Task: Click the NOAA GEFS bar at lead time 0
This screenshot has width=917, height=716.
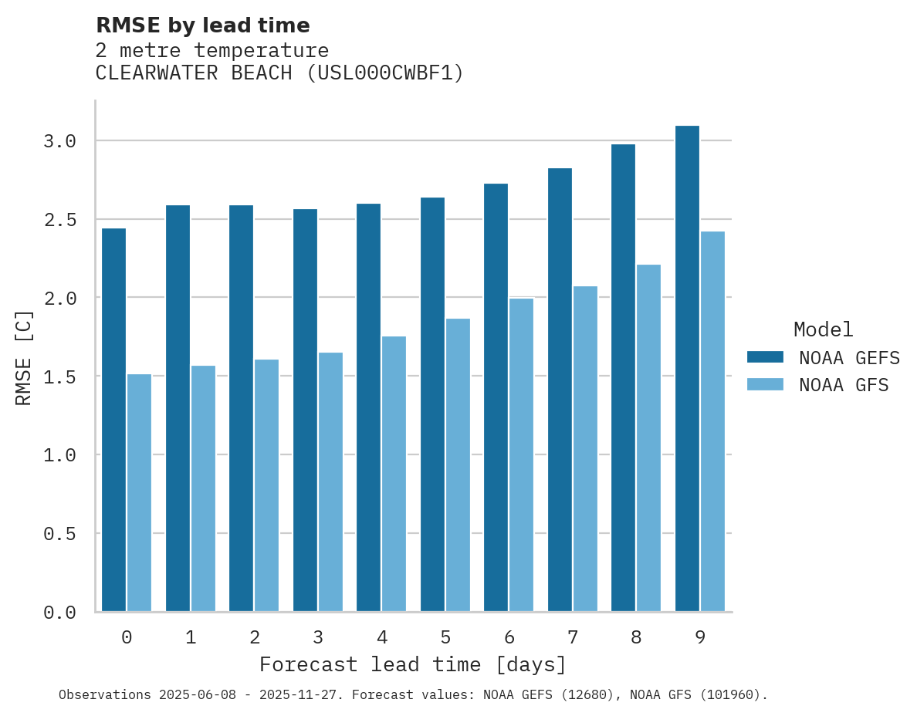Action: [113, 420]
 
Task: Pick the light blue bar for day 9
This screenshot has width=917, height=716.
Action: [712, 420]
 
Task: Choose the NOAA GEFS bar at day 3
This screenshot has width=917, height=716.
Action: [305, 410]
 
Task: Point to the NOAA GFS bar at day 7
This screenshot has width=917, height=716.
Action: [585, 448]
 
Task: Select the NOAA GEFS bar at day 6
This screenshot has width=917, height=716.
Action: [496, 397]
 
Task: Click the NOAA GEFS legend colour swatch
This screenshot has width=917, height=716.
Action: [765, 357]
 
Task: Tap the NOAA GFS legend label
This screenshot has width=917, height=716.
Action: [844, 385]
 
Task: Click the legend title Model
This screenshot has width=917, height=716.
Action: [823, 330]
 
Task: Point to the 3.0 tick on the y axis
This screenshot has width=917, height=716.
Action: [59, 141]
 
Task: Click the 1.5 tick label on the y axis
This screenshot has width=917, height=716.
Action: [59, 377]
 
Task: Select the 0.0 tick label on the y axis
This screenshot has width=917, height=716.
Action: [59, 613]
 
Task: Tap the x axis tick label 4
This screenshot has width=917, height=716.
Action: [381, 637]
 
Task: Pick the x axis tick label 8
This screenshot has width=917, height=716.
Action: [636, 637]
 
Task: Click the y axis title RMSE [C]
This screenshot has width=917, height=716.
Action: [24, 357]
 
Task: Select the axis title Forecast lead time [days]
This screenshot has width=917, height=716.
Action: [413, 664]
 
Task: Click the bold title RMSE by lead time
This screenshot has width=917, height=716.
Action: [202, 25]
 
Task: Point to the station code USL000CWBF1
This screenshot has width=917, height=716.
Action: [385, 73]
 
